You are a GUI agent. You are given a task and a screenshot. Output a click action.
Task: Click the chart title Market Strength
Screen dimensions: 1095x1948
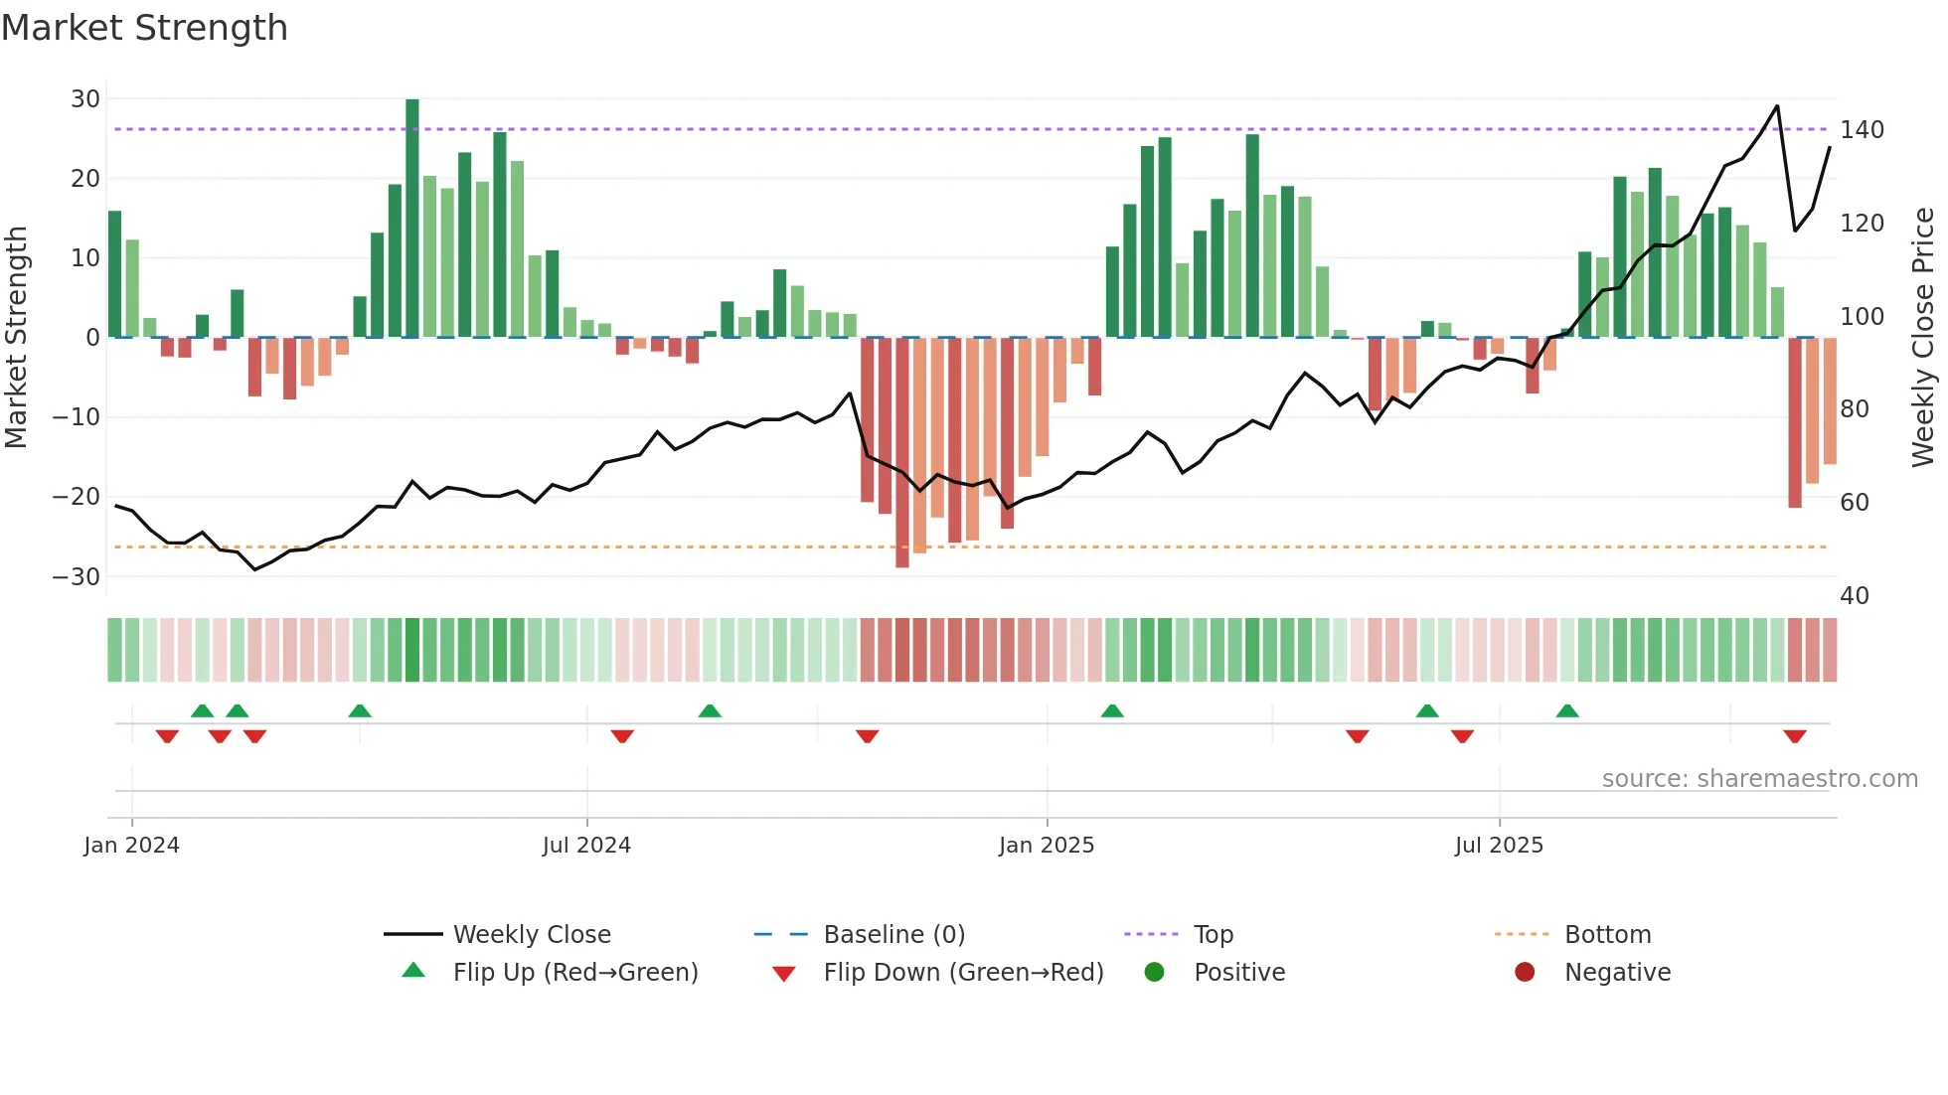pyautogui.click(x=144, y=28)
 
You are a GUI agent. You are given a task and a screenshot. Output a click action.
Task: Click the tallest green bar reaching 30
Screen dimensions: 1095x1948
pyautogui.click(x=412, y=219)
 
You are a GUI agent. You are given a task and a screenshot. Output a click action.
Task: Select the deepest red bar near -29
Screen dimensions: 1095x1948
pyautogui.click(x=902, y=452)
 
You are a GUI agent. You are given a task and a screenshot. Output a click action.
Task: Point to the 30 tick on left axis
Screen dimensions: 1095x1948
pyautogui.click(x=85, y=99)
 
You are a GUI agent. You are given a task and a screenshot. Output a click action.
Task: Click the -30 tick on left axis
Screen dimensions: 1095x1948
pyautogui.click(x=77, y=576)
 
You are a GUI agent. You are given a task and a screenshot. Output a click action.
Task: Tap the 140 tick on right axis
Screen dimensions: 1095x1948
pyautogui.click(x=1862, y=130)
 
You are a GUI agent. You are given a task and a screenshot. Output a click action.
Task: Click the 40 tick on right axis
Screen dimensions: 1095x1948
pyautogui.click(x=1855, y=595)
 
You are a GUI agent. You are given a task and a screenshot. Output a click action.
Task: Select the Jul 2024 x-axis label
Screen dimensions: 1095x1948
pyautogui.click(x=586, y=846)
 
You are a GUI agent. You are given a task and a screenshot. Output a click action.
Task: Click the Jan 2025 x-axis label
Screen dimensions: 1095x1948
pyautogui.click(x=1047, y=846)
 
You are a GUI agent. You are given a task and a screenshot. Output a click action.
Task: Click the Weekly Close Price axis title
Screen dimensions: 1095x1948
pyautogui.click(x=1923, y=338)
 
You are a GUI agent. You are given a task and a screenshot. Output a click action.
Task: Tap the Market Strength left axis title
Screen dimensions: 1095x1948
pyautogui.click(x=16, y=338)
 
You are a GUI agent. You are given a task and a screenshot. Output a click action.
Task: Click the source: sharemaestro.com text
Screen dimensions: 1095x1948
pyautogui.click(x=1759, y=779)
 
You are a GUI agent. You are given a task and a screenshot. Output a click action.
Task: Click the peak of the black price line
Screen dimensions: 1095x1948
pyautogui.click(x=1777, y=106)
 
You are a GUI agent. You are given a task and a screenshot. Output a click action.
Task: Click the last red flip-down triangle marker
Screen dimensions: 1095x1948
pyautogui.click(x=1795, y=736)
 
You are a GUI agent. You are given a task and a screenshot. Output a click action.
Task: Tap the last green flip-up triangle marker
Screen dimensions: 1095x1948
pyautogui.click(x=1567, y=710)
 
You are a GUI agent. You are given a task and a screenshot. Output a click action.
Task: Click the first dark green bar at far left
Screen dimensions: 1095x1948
pyautogui.click(x=115, y=273)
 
